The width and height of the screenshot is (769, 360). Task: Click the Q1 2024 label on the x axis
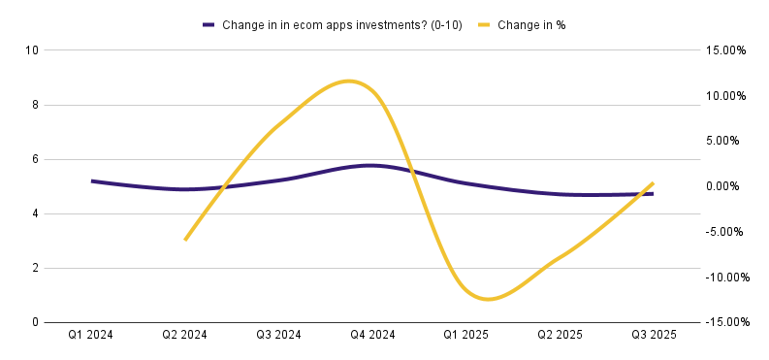click(x=91, y=336)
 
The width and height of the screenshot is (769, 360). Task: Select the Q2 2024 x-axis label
click(x=184, y=336)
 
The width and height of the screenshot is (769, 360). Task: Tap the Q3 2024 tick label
click(x=278, y=336)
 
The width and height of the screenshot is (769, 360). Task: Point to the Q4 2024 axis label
click(x=372, y=336)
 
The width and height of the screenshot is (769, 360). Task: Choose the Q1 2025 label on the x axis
click(x=465, y=336)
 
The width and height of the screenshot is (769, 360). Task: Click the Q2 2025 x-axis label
click(x=560, y=336)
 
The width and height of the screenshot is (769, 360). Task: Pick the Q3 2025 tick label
click(x=654, y=336)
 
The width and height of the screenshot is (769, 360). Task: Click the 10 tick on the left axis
click(x=30, y=50)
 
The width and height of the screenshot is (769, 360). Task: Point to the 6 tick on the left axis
click(x=33, y=159)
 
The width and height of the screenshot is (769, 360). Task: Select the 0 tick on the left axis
click(x=33, y=323)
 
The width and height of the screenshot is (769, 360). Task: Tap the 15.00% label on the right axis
click(x=726, y=50)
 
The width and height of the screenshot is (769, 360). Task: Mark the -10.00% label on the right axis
click(x=728, y=278)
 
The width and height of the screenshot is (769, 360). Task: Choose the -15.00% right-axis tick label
click(x=728, y=322)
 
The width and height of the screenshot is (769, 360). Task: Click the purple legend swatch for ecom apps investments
click(x=209, y=25)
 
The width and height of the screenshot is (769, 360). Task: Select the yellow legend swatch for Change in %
click(x=485, y=25)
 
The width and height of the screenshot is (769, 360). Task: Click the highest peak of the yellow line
click(x=348, y=81)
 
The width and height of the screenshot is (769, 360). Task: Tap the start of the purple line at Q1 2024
click(x=92, y=181)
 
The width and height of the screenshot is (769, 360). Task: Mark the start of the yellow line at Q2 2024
click(x=185, y=241)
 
